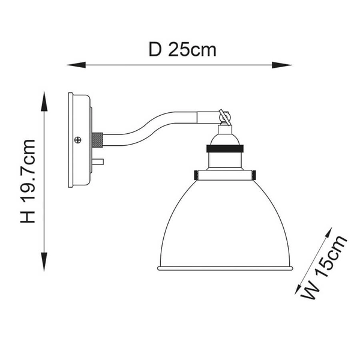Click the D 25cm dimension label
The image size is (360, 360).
[x=182, y=50]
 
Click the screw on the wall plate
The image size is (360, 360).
[x=77, y=140]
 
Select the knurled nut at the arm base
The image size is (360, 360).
[x=97, y=140]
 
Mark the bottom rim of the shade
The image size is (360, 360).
[x=224, y=268]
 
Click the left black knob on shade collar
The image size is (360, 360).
[x=197, y=175]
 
